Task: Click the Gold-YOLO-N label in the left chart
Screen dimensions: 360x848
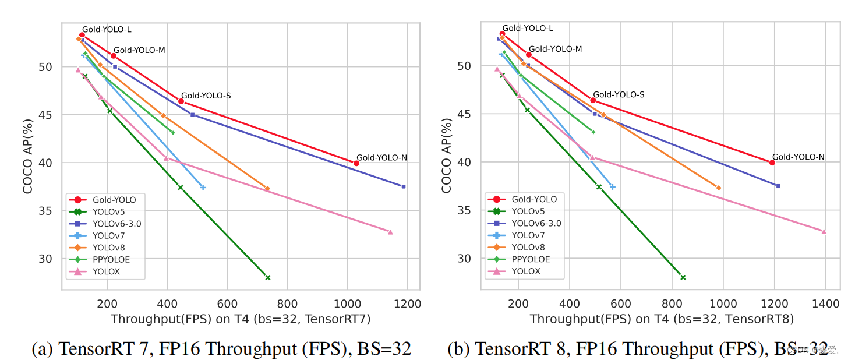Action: tap(381, 157)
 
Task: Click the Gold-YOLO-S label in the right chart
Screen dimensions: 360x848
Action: tap(619, 94)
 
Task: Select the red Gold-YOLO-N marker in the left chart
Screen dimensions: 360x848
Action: tap(356, 163)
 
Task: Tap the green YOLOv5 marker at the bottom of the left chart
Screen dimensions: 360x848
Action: tap(268, 277)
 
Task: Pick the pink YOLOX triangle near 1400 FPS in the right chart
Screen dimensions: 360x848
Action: tap(824, 231)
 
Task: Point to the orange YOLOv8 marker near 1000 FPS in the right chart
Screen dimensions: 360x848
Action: tap(719, 188)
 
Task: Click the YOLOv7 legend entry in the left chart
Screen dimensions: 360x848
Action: tap(108, 235)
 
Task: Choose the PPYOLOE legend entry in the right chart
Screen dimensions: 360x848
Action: tap(530, 259)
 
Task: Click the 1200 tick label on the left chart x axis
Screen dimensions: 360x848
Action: tap(407, 303)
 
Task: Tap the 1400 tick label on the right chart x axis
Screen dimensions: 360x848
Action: tap(826, 303)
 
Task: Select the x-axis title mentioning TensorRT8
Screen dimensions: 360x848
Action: tap(662, 319)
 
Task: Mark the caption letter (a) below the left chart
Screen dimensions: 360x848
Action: tap(43, 348)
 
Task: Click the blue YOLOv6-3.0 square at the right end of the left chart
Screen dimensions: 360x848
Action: tap(404, 186)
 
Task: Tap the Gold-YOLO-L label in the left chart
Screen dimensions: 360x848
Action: tap(106, 29)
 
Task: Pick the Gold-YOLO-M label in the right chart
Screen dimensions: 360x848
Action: tap(555, 49)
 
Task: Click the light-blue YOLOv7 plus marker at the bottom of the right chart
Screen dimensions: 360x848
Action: tap(612, 187)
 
